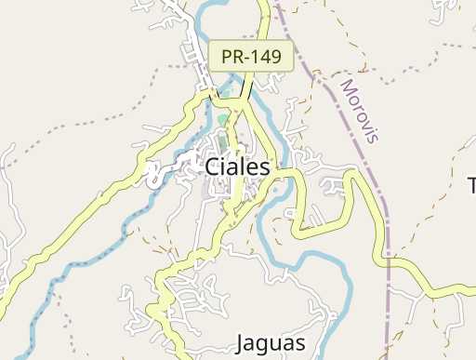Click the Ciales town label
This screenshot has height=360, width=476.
coord(237,167)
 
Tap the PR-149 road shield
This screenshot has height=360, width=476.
coord(251,57)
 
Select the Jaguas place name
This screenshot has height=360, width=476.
coord(271,342)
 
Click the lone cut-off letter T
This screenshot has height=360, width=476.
coord(470,184)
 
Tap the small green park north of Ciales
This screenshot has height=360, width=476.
coord(222,120)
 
